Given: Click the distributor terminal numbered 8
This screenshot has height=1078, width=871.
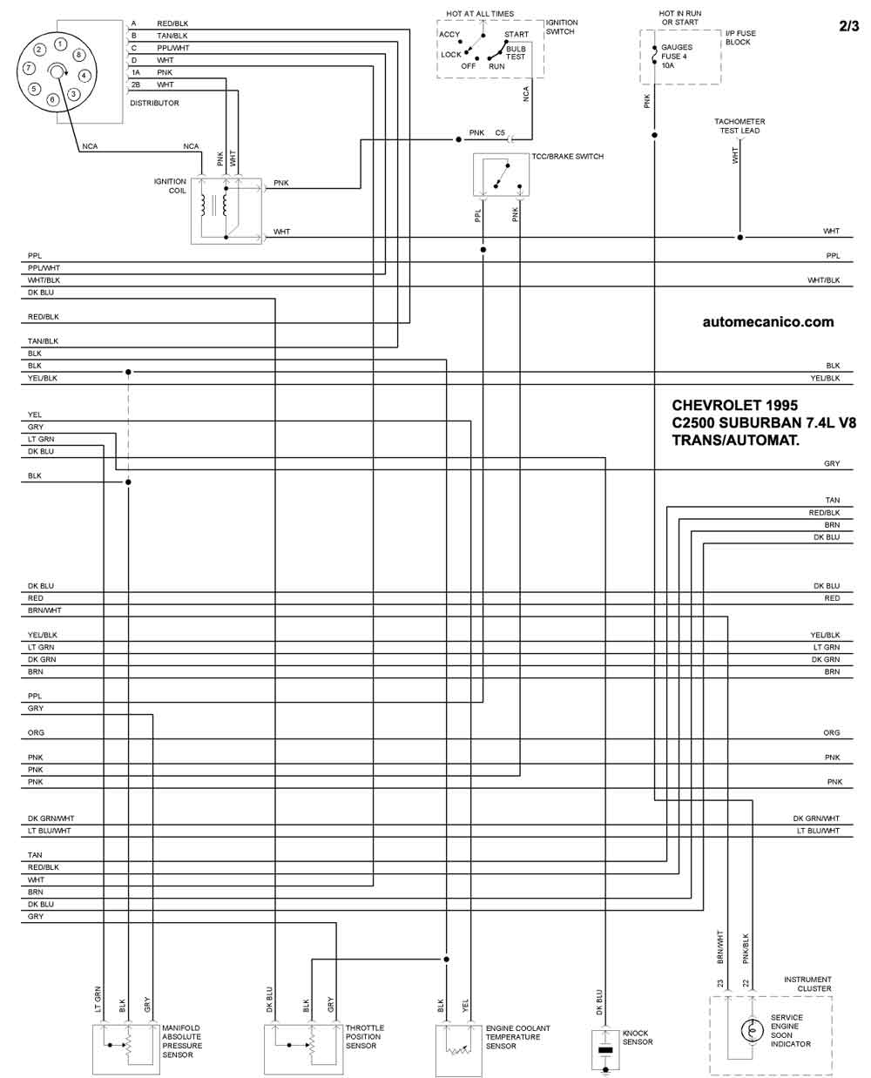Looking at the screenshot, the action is point(78,55).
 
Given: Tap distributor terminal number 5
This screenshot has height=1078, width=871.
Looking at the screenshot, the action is point(34,89).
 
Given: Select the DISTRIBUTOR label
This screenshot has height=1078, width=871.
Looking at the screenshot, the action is point(154,103).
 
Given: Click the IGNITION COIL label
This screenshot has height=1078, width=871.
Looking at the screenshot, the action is point(170,185).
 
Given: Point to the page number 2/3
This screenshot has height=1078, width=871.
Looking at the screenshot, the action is point(848,26).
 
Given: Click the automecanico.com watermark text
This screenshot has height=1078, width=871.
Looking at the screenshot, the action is point(767,322).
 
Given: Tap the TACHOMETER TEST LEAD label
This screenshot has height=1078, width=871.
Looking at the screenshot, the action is point(739,126).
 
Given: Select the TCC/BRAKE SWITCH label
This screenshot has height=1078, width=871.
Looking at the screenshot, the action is point(567,157).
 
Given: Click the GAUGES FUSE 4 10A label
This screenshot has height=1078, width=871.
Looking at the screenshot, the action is point(676,57).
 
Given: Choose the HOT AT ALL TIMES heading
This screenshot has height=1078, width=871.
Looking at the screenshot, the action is point(479,14).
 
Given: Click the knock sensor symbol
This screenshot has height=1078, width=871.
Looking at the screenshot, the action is point(604,1049).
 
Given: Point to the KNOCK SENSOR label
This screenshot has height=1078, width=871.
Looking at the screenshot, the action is point(637,1037).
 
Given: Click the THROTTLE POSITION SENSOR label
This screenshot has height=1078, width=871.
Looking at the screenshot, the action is point(364,1036).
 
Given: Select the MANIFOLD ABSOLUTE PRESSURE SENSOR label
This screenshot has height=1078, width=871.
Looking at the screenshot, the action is point(182,1041).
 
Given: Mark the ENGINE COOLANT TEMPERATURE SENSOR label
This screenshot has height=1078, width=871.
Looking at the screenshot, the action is point(517,1037).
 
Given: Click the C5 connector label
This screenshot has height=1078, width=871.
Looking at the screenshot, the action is point(500,132).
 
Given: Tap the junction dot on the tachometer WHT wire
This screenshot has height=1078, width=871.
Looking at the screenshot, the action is point(739,237).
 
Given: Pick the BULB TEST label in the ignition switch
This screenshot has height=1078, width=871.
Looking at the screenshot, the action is point(516,52).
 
